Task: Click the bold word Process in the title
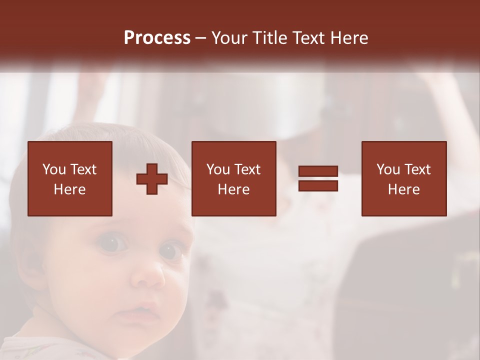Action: click(157, 38)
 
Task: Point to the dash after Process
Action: click(201, 38)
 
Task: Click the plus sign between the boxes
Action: click(152, 179)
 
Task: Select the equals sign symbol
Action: click(318, 179)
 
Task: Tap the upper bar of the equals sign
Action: click(318, 172)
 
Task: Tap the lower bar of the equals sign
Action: click(318, 186)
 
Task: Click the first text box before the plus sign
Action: click(70, 178)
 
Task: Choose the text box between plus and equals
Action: click(234, 178)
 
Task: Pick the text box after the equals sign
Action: click(404, 178)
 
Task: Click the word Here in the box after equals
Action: click(404, 189)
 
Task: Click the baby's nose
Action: click(150, 277)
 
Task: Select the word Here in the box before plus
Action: click(70, 189)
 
